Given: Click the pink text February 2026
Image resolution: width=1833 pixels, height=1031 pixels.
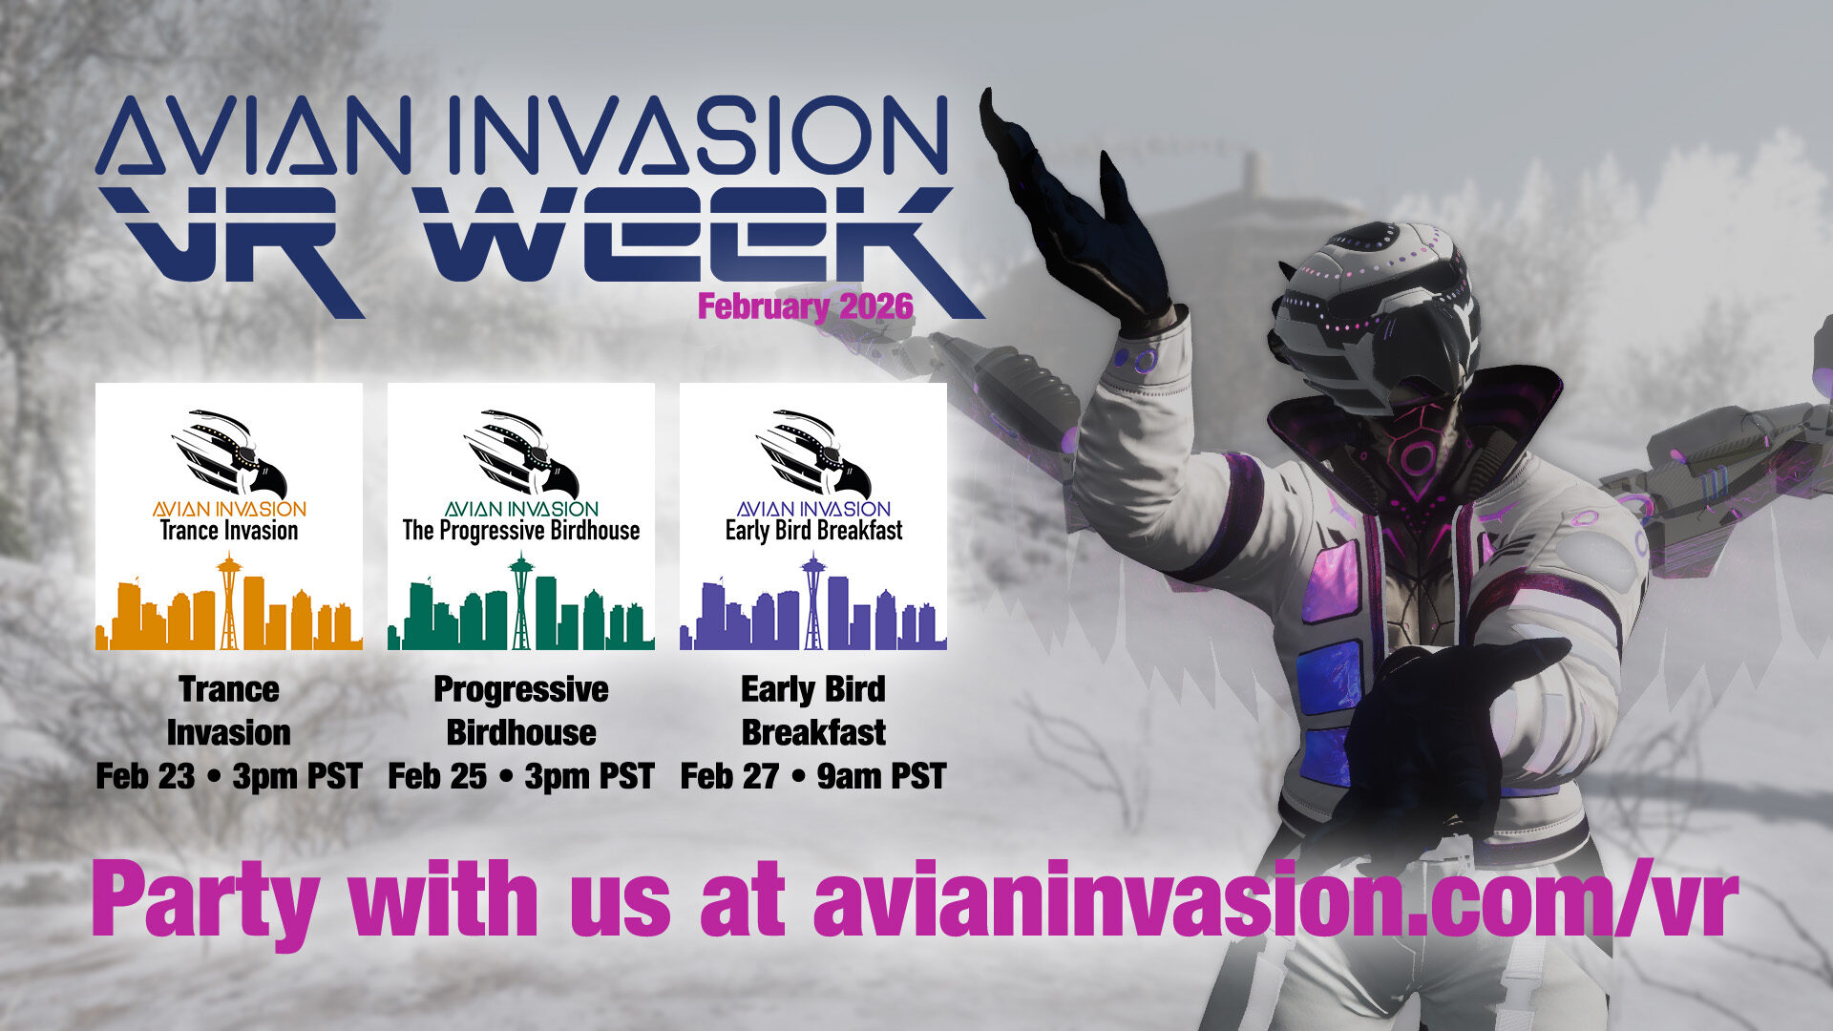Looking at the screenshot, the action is pos(805,307).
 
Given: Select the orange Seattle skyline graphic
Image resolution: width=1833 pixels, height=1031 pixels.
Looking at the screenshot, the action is pos(229,602).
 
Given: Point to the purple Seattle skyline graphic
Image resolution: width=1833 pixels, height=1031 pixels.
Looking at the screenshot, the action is pos(813,602).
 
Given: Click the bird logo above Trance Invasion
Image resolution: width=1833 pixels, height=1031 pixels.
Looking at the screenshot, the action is pos(229,453).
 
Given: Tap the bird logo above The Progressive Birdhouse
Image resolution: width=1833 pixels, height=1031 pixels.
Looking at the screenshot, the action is pos(521,453).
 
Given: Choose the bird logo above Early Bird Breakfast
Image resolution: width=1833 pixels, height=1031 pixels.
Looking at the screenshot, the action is pos(813,453).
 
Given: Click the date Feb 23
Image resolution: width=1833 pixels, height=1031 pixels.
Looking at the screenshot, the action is pos(145,776).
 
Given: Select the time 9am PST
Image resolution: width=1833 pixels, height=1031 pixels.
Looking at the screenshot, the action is pos(881,776).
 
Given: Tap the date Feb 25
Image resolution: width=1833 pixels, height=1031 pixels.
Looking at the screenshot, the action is pos(437,776).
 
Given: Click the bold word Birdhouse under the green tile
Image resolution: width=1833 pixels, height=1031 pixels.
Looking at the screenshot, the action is pos(521,732).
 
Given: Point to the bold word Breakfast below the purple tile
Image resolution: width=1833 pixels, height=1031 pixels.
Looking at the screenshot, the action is pos(813,732).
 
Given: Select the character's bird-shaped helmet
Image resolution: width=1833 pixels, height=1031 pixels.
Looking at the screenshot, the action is pos(1375,305).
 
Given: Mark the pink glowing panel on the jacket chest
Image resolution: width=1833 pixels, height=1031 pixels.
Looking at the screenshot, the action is pos(1331,579).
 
